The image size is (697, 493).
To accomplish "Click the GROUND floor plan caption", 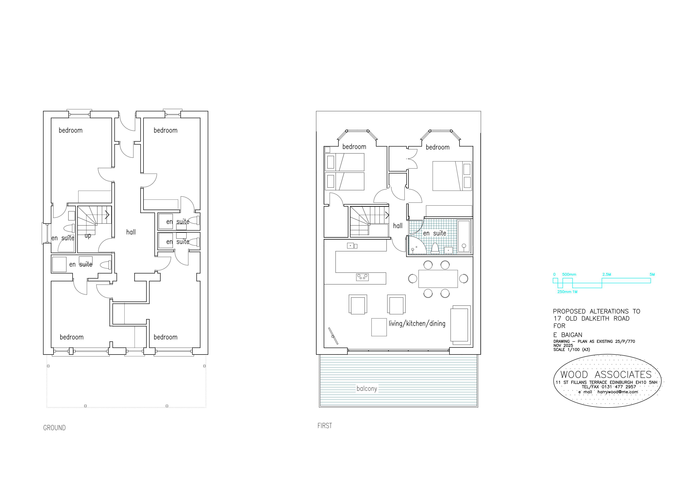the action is coord(54,428).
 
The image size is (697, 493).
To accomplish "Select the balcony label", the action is coord(367,388).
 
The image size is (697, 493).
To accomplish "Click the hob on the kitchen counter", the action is coord(362,277).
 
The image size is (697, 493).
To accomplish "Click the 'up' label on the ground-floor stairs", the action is coord(88,236).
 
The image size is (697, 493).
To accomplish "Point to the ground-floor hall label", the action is coord(131,232).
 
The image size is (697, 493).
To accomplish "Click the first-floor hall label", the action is coord(398,226).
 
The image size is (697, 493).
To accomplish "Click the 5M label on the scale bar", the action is coord(652,275).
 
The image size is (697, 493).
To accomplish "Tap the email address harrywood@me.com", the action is coord(618,392).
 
